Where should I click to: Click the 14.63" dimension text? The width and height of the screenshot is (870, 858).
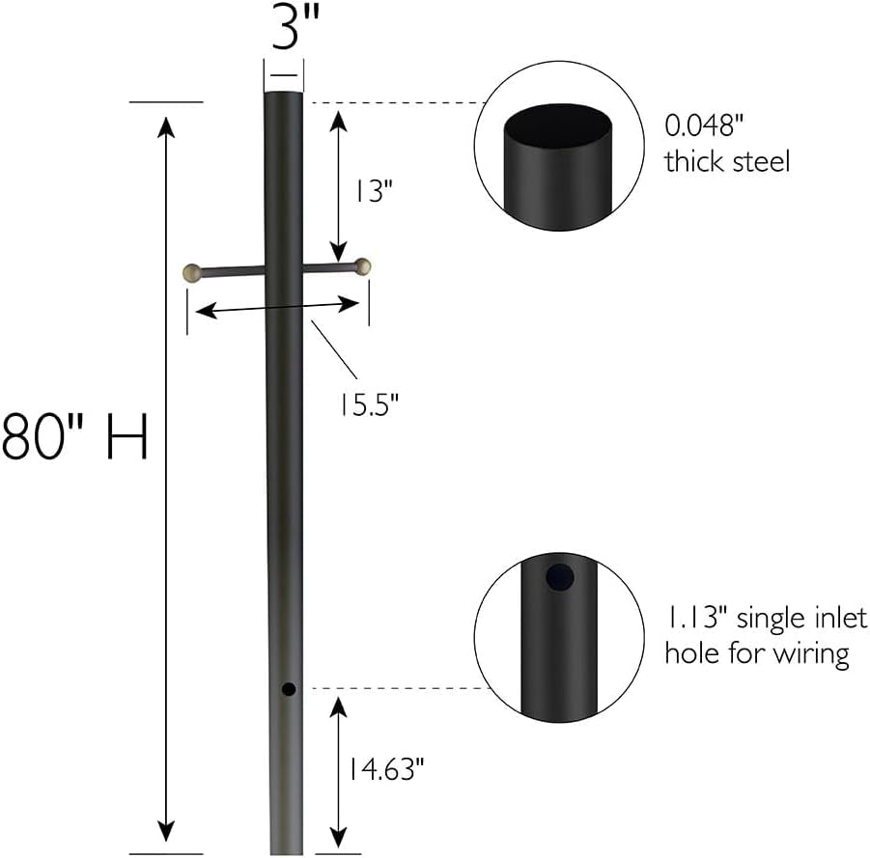386,769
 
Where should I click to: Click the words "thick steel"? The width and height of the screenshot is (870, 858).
727,161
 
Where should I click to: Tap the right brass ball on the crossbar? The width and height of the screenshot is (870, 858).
363,266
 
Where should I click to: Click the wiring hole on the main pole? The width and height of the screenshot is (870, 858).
288,689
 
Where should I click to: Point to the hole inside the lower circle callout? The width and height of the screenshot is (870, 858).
559,579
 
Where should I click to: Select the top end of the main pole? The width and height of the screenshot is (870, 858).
285,95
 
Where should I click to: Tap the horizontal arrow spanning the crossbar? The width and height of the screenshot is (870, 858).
278,308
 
